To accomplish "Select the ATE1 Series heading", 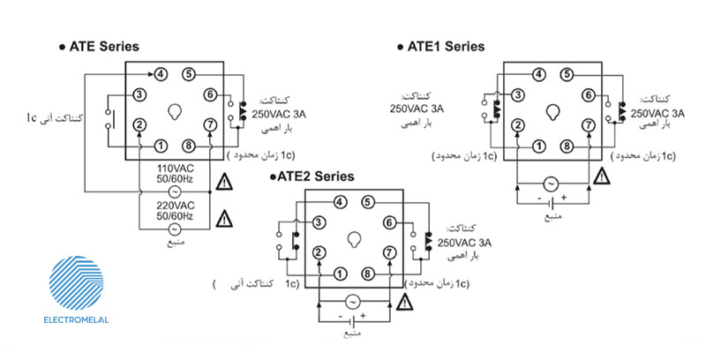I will tap(445, 46).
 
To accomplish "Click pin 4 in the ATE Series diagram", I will tap(161, 73).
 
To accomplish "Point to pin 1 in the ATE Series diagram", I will tap(161, 145).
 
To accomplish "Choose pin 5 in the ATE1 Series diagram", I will tap(566, 74).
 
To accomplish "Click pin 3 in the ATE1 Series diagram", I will tap(518, 94).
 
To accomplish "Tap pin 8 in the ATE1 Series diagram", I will tap(566, 145).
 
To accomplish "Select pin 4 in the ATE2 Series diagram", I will tap(341, 202).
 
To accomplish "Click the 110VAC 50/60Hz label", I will tap(174, 172).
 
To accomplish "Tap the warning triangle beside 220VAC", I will tap(225, 216).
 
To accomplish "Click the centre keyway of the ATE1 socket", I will tap(552, 111).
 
